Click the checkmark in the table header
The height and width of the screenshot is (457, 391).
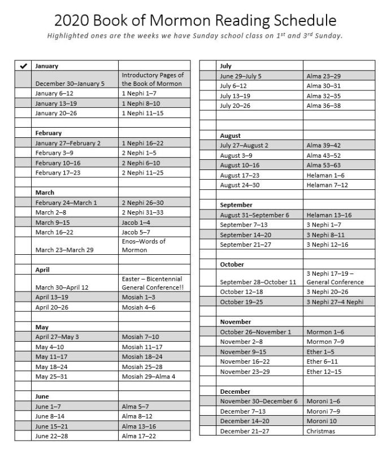(x=23, y=66)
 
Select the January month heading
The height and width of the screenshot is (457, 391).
(x=46, y=66)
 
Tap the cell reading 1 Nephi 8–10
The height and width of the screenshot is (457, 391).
(x=141, y=103)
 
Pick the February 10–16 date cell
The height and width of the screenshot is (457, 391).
(x=58, y=163)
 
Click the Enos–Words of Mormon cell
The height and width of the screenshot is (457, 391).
(x=144, y=245)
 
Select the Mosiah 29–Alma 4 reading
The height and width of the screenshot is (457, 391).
(x=149, y=376)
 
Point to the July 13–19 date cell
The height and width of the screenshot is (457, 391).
(x=235, y=96)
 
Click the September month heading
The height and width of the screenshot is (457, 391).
(x=236, y=204)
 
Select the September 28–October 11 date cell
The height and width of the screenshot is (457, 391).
(x=258, y=282)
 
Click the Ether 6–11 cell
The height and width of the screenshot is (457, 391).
(x=322, y=362)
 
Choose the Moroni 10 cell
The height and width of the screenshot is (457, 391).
(x=323, y=421)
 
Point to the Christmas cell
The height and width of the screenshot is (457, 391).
(x=321, y=431)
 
